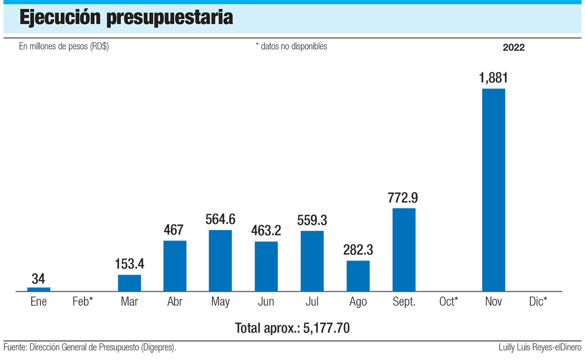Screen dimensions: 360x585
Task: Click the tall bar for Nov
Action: (493, 190)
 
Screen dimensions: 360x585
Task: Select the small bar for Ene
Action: (39, 289)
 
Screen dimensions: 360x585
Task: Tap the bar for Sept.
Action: (404, 250)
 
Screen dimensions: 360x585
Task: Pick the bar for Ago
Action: (358, 276)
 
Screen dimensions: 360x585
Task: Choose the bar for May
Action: (220, 260)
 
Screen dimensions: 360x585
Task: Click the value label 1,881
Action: (493, 78)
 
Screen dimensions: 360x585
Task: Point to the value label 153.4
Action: (129, 264)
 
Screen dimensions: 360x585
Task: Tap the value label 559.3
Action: (312, 220)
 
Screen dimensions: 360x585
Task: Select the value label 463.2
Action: (266, 231)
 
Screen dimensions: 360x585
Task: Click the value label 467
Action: (175, 230)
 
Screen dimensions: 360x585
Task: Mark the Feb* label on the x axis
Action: (83, 302)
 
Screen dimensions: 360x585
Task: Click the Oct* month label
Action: (448, 302)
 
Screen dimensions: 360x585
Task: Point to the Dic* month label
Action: (538, 302)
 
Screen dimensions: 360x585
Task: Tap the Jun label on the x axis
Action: (266, 302)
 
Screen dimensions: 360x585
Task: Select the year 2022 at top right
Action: (513, 47)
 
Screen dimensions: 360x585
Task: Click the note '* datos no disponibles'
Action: (291, 47)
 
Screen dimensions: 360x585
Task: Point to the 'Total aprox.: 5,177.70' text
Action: (292, 328)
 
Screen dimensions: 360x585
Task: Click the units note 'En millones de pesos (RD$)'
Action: (64, 47)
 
